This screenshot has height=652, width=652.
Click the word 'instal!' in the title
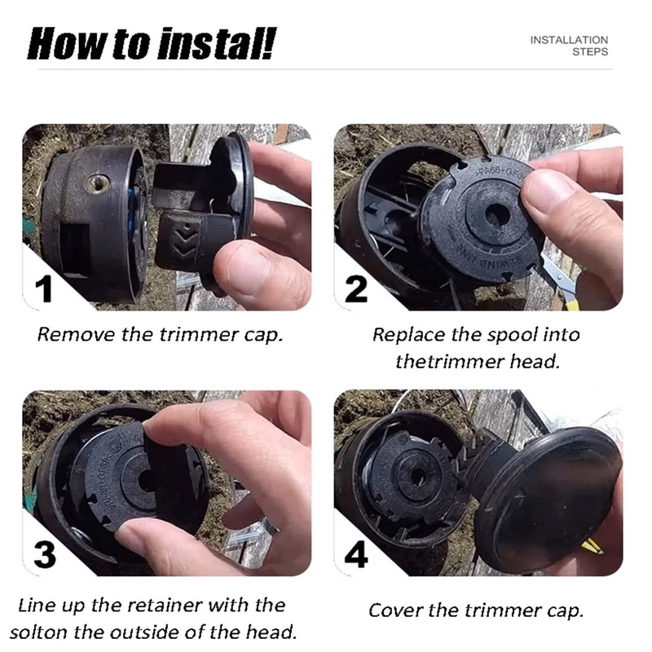click(216, 44)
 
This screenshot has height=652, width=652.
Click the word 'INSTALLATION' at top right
click(569, 40)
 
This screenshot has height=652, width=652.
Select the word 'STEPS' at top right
click(590, 52)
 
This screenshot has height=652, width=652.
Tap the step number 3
click(45, 555)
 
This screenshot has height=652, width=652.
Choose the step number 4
click(356, 555)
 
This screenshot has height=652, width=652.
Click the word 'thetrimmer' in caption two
click(449, 361)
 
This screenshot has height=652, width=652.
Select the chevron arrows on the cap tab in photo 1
click(182, 242)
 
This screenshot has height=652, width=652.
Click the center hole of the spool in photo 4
click(416, 476)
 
